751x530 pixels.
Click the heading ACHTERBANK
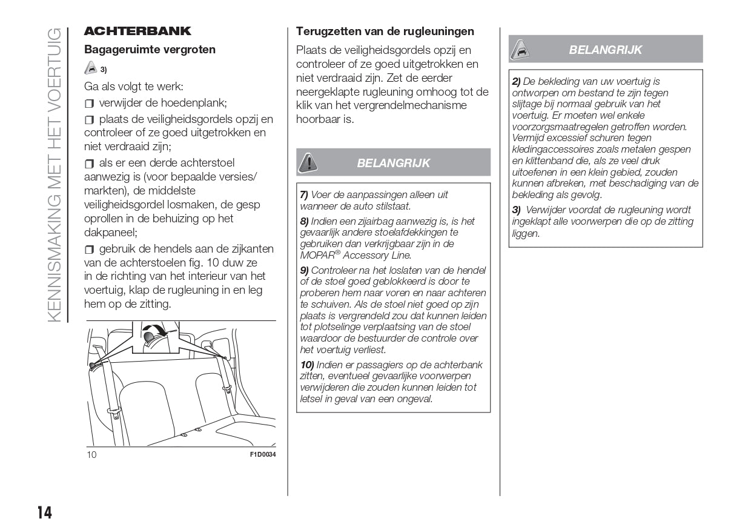click(x=137, y=31)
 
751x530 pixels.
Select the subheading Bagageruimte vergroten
click(x=150, y=50)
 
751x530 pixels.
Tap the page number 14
click(x=44, y=513)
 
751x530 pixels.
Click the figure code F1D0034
click(x=263, y=455)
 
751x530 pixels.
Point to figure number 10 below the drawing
click(x=91, y=455)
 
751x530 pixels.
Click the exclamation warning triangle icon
click(x=308, y=162)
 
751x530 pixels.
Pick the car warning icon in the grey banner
click(x=520, y=49)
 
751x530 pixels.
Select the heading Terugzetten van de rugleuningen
click(x=385, y=31)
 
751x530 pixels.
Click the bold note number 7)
click(x=304, y=195)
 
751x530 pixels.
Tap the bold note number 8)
click(x=304, y=222)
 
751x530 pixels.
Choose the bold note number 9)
click(x=304, y=271)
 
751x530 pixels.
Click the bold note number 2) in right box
click(x=517, y=82)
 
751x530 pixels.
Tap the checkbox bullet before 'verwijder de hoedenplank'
click(x=90, y=103)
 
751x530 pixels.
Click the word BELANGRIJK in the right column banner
click(x=605, y=50)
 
